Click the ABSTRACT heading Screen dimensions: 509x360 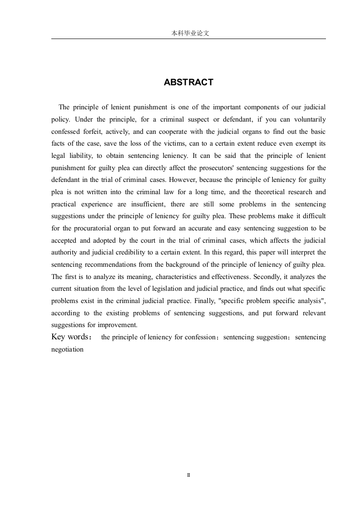pos(188,82)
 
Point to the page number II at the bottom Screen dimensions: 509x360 pos(188,475)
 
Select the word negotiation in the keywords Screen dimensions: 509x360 pos(68,349)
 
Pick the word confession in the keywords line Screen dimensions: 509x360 pos(198,338)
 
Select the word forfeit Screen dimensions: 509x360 pos(95,132)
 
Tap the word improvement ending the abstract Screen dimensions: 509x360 pos(119,325)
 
